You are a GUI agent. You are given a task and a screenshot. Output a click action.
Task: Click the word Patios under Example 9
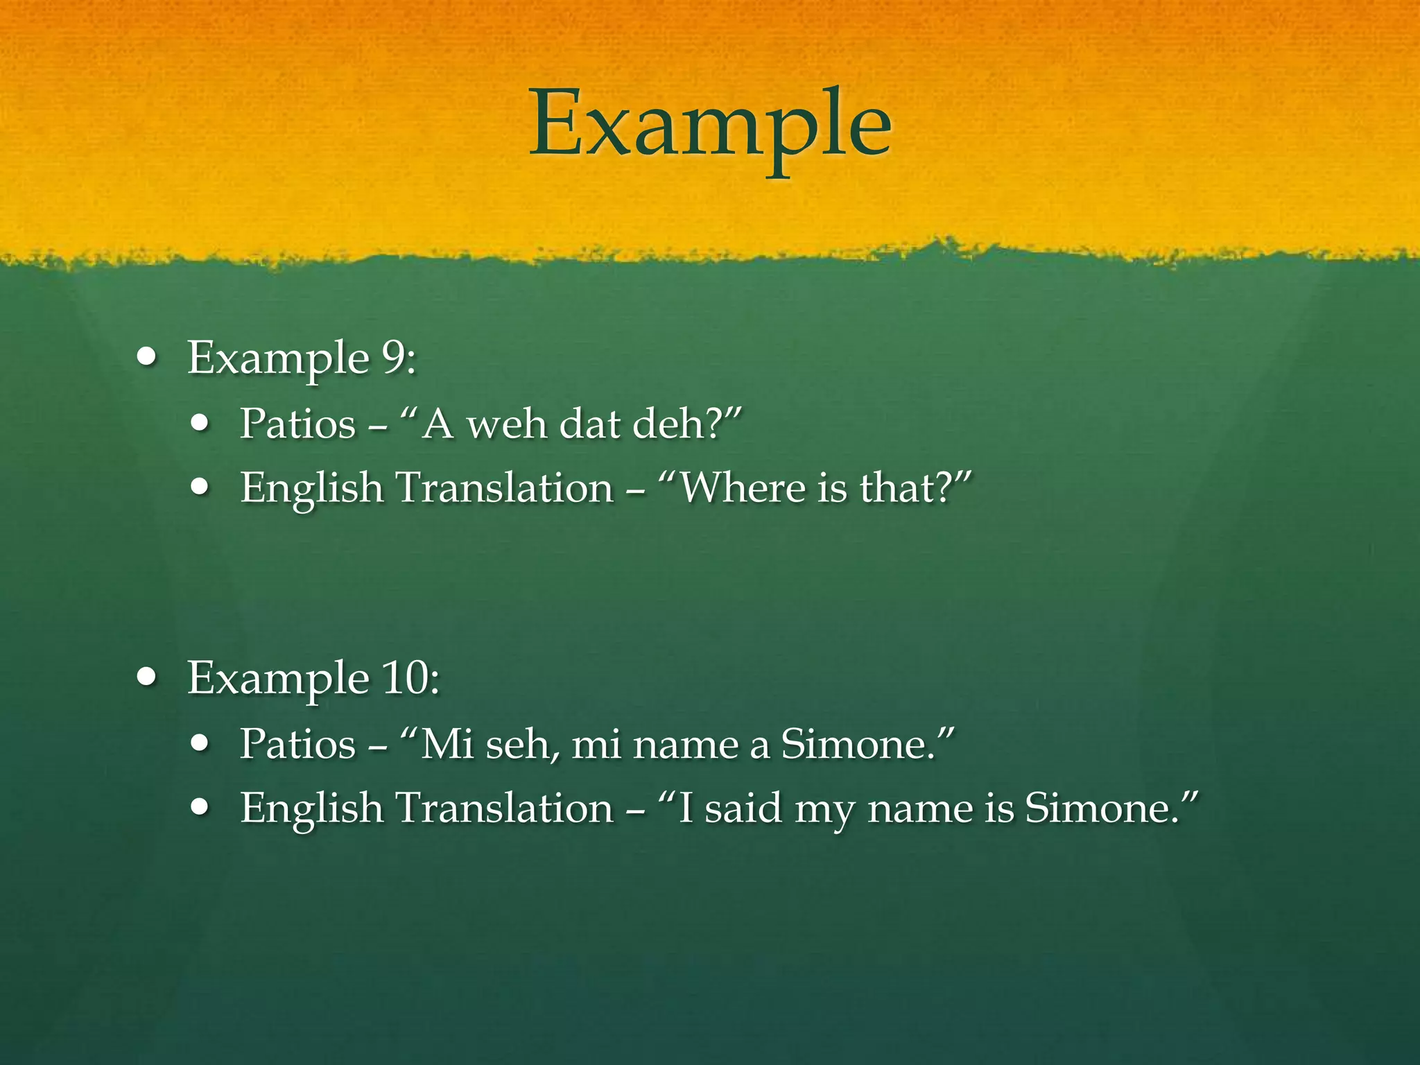click(x=297, y=424)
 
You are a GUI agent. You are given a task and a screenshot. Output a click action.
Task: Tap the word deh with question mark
click(x=676, y=424)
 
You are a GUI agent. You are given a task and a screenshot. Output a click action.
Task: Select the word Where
click(x=742, y=487)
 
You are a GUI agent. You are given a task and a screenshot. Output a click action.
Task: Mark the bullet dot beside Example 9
click(x=147, y=358)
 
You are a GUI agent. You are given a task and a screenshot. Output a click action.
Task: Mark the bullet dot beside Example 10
click(x=147, y=677)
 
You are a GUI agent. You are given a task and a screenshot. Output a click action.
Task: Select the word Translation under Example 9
click(x=504, y=487)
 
